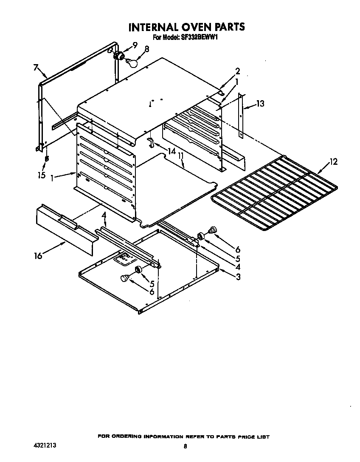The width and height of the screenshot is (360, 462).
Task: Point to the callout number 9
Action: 135,45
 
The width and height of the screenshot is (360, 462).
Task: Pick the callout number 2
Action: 238,71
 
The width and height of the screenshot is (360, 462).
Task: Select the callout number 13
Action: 260,103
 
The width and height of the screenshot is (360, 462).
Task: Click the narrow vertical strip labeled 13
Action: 240,115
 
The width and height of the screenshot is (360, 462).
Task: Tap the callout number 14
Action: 171,151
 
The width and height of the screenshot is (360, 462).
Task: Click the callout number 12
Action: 334,161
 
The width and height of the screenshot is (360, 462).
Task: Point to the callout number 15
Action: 41,175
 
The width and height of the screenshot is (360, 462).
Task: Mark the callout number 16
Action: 38,256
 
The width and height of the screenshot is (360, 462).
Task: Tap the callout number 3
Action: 238,277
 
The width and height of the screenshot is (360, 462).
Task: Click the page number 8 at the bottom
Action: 185,446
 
